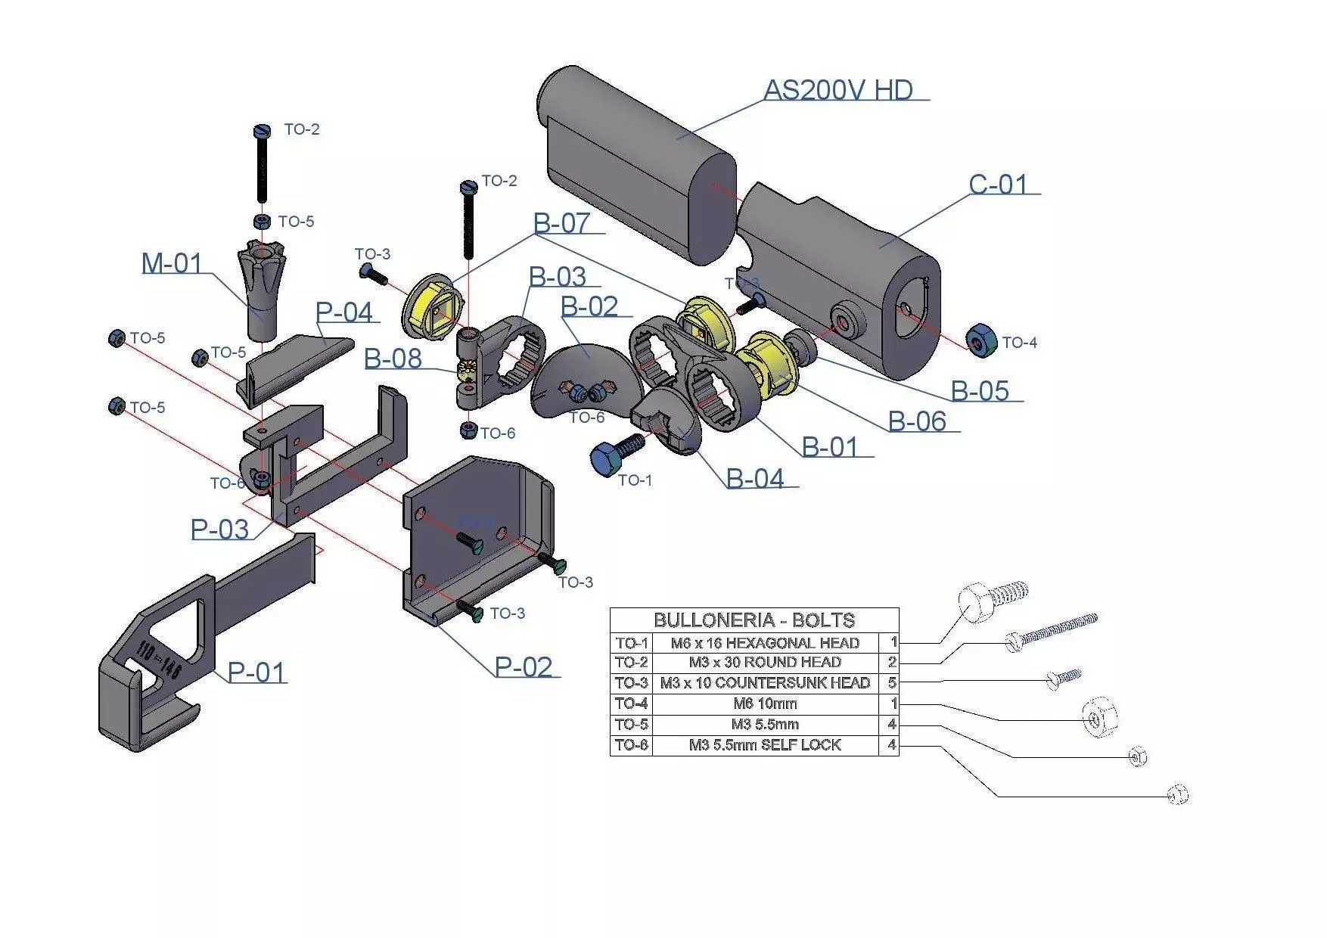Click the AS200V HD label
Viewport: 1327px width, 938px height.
click(x=838, y=90)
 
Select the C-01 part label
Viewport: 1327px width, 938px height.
click(x=998, y=185)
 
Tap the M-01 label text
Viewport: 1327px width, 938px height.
click(x=172, y=263)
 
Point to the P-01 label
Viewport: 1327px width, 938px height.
click(x=256, y=672)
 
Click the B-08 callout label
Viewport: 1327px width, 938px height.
click(x=393, y=359)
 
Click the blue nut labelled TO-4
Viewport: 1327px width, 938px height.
click(x=980, y=342)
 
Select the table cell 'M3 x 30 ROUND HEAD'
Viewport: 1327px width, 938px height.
click(x=764, y=663)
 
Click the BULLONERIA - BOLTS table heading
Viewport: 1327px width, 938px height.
click(x=754, y=620)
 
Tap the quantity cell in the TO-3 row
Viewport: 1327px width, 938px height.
click(x=891, y=683)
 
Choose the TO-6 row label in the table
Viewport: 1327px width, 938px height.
click(x=631, y=745)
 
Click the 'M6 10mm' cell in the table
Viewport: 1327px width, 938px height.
click(x=764, y=703)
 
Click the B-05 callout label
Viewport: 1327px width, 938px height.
click(x=979, y=391)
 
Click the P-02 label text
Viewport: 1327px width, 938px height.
click(x=523, y=667)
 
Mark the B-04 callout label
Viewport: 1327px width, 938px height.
click(x=754, y=479)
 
